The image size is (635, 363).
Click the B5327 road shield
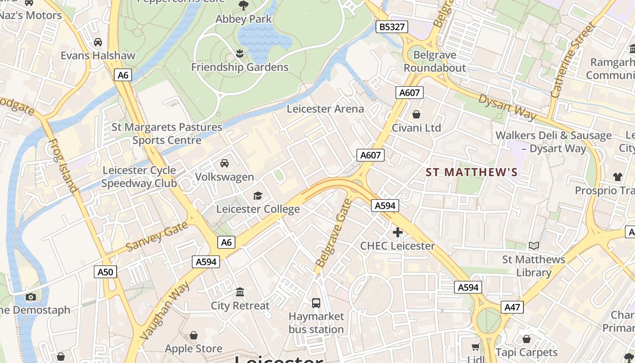(392, 27)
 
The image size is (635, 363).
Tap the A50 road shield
(105, 272)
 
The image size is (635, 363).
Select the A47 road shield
(513, 307)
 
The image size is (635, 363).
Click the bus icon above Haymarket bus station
(316, 303)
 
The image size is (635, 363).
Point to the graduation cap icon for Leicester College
(258, 196)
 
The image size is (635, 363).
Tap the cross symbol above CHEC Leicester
(397, 233)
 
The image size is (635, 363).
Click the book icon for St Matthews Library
(534, 245)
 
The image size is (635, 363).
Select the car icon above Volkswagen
(224, 163)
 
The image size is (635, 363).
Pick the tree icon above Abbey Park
(244, 5)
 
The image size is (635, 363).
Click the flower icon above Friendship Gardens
(239, 54)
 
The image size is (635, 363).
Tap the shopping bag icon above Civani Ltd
(416, 114)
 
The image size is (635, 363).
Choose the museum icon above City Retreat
(240, 292)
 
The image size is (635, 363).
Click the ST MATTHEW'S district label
(471, 172)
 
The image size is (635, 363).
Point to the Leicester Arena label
(325, 109)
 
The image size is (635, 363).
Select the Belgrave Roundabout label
(435, 61)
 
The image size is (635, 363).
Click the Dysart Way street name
(508, 107)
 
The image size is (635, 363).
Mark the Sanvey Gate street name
(156, 237)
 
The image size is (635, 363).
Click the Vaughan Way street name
(165, 310)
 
